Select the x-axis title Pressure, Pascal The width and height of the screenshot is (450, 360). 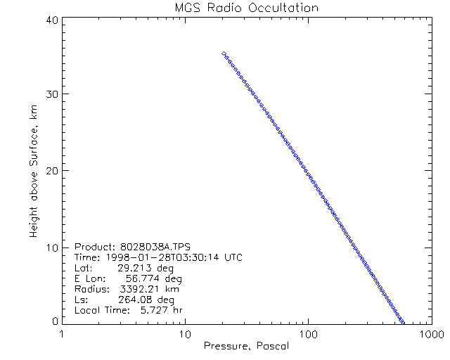point(245,346)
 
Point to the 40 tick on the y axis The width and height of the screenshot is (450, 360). point(51,20)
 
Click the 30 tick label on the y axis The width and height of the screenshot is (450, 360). point(51,95)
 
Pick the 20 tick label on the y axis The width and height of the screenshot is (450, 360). point(51,171)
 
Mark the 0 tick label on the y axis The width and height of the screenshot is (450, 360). point(54,321)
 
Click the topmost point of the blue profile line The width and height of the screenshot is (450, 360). point(223,53)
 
